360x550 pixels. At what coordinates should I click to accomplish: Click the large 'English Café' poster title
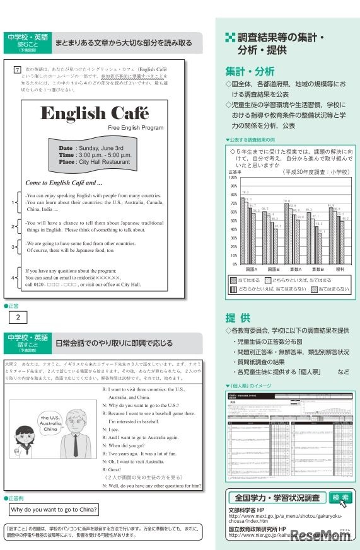coord(95,114)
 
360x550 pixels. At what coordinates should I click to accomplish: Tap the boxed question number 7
coord(18,68)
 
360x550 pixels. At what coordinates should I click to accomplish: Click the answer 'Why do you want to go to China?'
coord(54,510)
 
